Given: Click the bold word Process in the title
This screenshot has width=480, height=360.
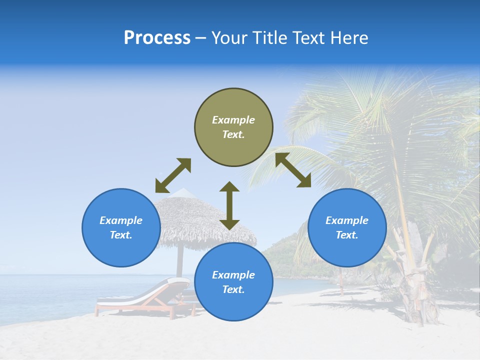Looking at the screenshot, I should [x=157, y=38].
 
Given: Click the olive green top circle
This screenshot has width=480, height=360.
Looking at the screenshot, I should [x=233, y=127].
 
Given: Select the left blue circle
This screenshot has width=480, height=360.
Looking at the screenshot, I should [x=121, y=227].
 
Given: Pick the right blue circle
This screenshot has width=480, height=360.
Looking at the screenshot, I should [x=347, y=227].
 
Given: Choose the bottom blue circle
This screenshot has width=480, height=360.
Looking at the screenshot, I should [x=233, y=282].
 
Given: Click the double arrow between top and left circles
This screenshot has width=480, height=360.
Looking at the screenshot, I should [x=173, y=175].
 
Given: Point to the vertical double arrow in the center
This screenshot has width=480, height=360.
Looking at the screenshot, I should [x=229, y=205].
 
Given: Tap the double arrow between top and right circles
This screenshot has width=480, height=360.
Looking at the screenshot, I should [x=293, y=170].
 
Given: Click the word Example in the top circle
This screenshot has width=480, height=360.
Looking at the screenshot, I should [x=233, y=120].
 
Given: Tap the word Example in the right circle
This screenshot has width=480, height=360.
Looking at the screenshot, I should [x=347, y=220].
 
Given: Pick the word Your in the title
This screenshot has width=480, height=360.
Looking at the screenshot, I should [x=227, y=38].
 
